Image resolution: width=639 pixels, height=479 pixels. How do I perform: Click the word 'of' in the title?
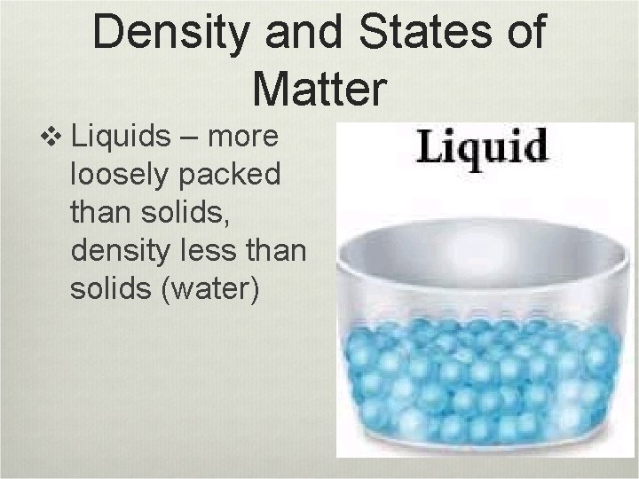pos(525,33)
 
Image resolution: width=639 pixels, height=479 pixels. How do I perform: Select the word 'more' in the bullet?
pos(245,139)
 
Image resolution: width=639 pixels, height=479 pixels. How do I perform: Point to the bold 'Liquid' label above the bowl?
pos(482,147)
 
